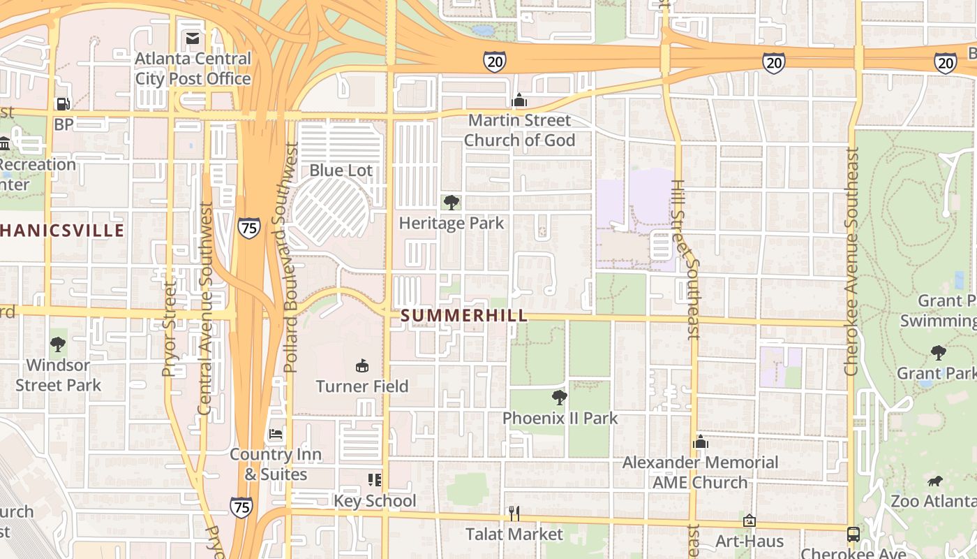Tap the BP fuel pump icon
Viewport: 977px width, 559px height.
pyautogui.click(x=63, y=104)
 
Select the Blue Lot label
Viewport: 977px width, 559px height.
pyautogui.click(x=341, y=170)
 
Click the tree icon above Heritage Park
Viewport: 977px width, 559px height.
pyautogui.click(x=452, y=203)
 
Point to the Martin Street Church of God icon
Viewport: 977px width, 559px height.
pyautogui.click(x=519, y=101)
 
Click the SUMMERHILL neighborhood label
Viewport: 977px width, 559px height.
pyautogui.click(x=464, y=316)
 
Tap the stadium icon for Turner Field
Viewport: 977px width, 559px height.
pyautogui.click(x=361, y=365)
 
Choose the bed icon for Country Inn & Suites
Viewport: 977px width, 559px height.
pyautogui.click(x=276, y=434)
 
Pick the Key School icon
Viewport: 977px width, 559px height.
pyautogui.click(x=375, y=479)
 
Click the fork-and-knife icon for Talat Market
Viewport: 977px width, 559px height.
pyautogui.click(x=514, y=514)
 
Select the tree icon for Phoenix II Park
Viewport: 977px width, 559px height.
pyautogui.click(x=559, y=398)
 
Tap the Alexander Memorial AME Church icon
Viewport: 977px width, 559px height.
pyautogui.click(x=701, y=442)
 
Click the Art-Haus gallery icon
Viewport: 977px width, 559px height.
pyautogui.click(x=749, y=521)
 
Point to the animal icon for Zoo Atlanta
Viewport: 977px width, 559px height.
pyautogui.click(x=935, y=481)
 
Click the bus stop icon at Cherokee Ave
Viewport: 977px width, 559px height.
pyautogui.click(x=853, y=534)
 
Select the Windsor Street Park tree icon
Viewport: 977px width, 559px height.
pyautogui.click(x=58, y=344)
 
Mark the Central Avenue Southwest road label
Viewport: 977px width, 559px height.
pyautogui.click(x=204, y=308)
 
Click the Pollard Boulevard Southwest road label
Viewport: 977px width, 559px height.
pyautogui.click(x=291, y=257)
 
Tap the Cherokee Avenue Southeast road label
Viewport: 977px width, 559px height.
pyautogui.click(x=851, y=261)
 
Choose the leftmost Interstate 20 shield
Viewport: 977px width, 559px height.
pyautogui.click(x=494, y=61)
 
